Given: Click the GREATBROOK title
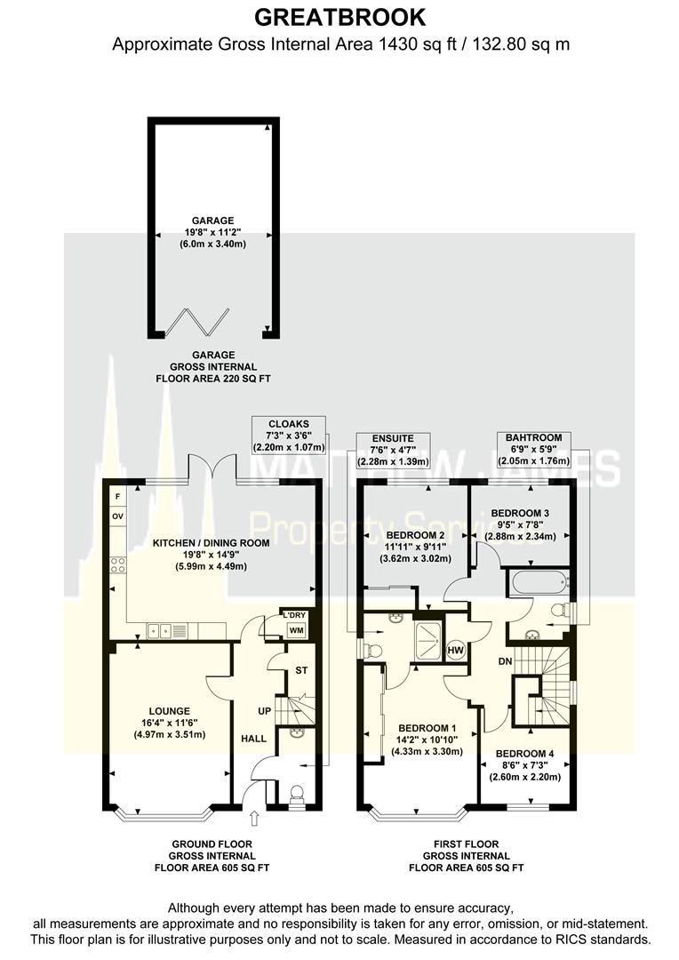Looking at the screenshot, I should click(x=340, y=17).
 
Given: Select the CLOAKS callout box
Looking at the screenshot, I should click(x=289, y=436).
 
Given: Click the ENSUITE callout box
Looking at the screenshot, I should click(x=393, y=451).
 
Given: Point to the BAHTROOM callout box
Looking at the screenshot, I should click(x=533, y=449).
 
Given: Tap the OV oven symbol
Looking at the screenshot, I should click(x=117, y=516).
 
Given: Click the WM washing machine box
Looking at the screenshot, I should click(x=294, y=630).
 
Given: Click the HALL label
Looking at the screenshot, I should click(x=252, y=739).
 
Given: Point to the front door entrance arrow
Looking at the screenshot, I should click(x=256, y=817).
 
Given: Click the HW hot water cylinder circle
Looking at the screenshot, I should click(x=456, y=650).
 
